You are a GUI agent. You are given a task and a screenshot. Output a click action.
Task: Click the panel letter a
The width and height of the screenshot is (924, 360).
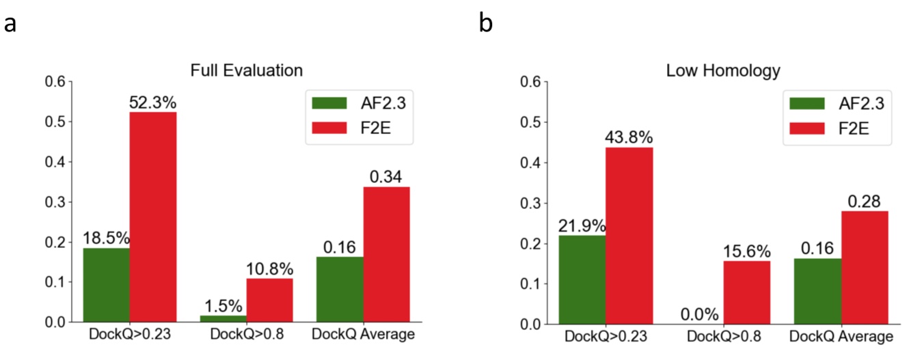(10, 24)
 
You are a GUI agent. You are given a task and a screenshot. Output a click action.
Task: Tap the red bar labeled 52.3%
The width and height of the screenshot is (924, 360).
(153, 217)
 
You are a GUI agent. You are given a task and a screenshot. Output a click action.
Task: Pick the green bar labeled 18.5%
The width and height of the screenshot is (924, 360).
(106, 285)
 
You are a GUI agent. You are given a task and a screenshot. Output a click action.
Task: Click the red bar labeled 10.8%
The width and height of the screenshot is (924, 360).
(270, 300)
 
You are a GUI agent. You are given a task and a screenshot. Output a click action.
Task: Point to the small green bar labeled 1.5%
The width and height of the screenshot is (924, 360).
(223, 318)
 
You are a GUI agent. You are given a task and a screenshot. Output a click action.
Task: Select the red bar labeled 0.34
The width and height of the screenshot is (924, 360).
(387, 254)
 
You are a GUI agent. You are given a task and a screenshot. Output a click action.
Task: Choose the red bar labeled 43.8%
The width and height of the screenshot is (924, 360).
(629, 236)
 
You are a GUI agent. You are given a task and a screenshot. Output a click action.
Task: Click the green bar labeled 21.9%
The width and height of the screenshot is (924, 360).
(582, 279)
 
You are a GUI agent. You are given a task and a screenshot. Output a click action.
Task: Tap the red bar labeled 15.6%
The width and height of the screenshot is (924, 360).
(746, 292)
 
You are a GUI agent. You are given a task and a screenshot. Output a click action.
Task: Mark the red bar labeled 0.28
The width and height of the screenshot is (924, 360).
(864, 267)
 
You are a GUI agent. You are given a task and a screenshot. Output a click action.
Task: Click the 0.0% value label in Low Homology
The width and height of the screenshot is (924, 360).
(699, 314)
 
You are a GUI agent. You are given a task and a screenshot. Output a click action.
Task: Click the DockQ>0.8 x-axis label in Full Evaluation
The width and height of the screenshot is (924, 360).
(246, 335)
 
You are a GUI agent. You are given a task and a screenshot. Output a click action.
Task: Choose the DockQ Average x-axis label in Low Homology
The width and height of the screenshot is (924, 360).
(841, 337)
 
